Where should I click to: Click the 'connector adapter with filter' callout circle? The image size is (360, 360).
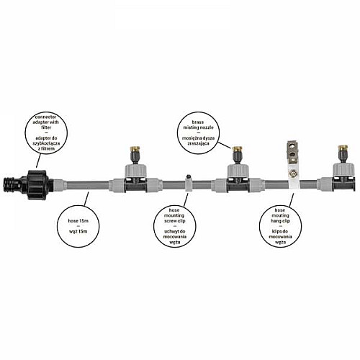click(46, 132)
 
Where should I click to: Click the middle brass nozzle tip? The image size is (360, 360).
click(237, 149)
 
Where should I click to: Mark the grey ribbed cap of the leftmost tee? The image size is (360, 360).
click(136, 170)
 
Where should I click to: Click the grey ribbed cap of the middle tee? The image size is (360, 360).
click(238, 170)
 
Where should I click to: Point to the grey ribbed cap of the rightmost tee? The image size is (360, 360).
click(343, 169)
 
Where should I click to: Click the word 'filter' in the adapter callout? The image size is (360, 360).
click(46, 127)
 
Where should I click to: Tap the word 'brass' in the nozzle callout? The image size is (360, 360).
click(198, 122)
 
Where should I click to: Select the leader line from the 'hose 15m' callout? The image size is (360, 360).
click(86, 199)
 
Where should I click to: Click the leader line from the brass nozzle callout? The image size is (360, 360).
click(225, 145)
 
